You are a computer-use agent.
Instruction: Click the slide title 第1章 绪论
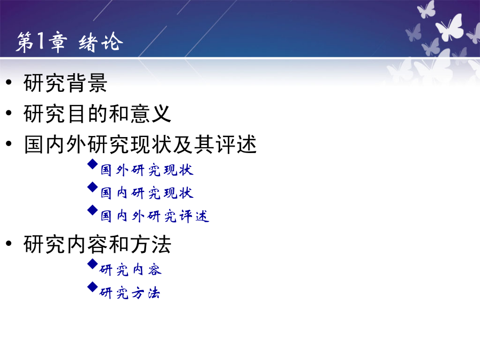click(x=69, y=42)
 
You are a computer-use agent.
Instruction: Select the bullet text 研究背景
click(x=65, y=83)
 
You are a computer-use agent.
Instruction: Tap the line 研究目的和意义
click(x=97, y=114)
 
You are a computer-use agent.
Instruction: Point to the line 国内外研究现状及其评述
click(x=140, y=145)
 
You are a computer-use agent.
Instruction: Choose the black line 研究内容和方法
click(x=97, y=244)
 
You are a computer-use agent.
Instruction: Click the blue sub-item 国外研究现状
click(x=147, y=170)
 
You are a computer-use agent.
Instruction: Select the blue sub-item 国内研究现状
click(x=147, y=193)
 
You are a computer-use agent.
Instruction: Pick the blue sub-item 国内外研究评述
click(x=155, y=216)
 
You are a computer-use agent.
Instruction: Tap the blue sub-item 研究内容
click(x=131, y=270)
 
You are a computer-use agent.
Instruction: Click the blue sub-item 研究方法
click(x=130, y=293)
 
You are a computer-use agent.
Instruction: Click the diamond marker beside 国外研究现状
click(x=92, y=164)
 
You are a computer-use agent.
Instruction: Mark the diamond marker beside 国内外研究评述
click(x=92, y=210)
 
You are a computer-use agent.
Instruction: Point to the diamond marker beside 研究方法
click(x=92, y=287)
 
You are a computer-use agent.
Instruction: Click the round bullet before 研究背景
click(x=9, y=82)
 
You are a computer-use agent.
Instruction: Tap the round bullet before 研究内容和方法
click(x=9, y=243)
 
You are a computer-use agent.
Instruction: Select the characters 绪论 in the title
click(x=101, y=42)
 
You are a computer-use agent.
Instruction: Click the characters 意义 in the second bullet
click(x=150, y=114)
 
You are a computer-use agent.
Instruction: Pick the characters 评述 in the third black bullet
click(x=236, y=145)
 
